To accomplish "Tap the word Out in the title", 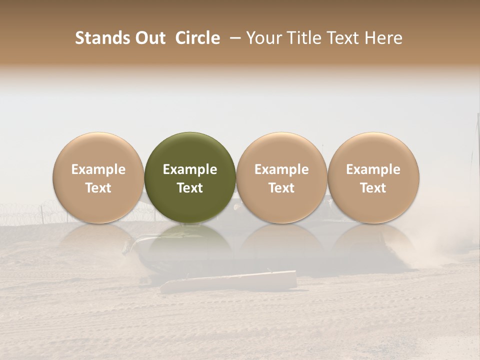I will tap(148, 38).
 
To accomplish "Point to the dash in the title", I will tap(233, 38).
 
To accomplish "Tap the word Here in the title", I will tap(384, 38).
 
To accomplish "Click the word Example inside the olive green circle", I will tap(190, 170).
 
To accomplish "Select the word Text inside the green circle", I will tap(190, 188).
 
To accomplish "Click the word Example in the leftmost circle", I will tap(98, 170).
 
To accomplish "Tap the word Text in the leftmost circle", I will tap(98, 188).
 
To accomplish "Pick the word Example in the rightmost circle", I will tap(373, 170).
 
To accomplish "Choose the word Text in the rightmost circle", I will tap(373, 188).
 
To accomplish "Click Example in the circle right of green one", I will tap(281, 170).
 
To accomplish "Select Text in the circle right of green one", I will tap(281, 188).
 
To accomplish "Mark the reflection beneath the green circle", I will tap(190, 245).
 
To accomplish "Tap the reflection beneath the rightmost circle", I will tap(373, 245).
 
